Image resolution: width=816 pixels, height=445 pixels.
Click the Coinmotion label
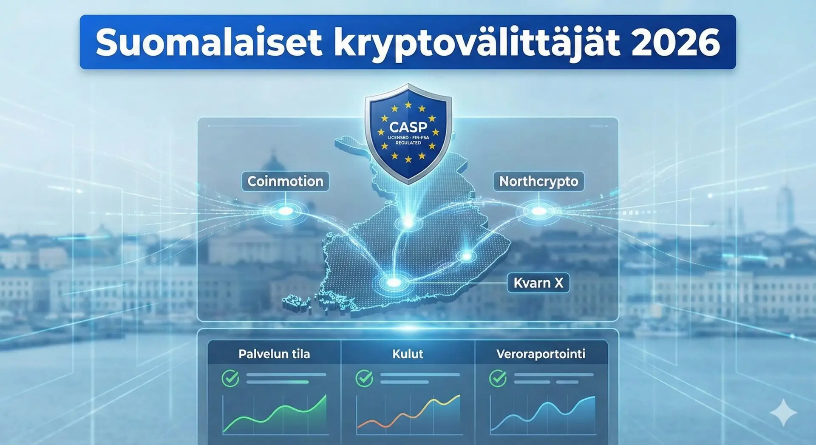[285, 181]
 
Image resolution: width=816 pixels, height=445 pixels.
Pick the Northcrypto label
[538, 181]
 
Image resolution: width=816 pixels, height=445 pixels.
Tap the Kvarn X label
[538, 283]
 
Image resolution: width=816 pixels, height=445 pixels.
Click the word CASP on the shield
[408, 127]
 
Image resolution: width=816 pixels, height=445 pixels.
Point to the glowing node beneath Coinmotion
[286, 211]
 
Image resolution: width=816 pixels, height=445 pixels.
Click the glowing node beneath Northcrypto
[539, 211]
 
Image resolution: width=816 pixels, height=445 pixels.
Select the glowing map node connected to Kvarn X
[394, 282]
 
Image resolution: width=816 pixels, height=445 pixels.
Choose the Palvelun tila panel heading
[274, 354]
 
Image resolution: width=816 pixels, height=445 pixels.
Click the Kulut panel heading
[408, 354]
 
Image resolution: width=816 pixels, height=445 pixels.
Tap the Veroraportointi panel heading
[541, 354]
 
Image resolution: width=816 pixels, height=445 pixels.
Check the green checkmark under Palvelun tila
[230, 378]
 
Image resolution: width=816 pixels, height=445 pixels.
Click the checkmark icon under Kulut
[364, 378]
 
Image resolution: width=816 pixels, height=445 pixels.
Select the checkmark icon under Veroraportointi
[498, 378]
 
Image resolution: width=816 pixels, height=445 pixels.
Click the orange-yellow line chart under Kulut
[408, 414]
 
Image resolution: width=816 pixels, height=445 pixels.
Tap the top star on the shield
[408, 105]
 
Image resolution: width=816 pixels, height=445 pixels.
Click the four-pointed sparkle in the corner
[783, 412]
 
